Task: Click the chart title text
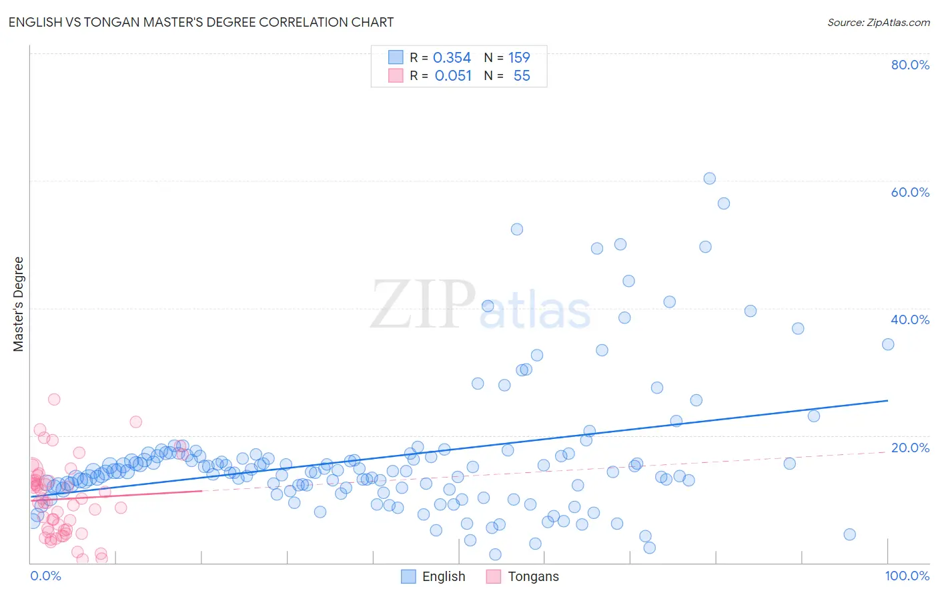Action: (x=201, y=22)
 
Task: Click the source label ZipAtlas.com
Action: (x=878, y=22)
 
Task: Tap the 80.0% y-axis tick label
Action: (x=910, y=65)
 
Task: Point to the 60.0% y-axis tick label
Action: (x=910, y=192)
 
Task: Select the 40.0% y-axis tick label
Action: (x=910, y=320)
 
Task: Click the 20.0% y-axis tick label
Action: (x=910, y=448)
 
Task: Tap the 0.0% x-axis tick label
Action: (x=45, y=576)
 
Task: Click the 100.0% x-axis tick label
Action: (x=907, y=576)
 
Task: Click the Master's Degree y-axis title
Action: (x=18, y=304)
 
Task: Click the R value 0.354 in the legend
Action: (x=452, y=57)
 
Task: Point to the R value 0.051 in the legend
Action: (x=453, y=76)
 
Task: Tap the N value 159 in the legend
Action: (x=519, y=57)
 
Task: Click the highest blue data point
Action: (x=709, y=179)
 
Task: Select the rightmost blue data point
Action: (x=888, y=344)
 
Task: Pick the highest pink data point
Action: (x=54, y=400)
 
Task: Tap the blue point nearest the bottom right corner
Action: (x=849, y=534)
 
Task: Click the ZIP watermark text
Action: (x=423, y=304)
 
